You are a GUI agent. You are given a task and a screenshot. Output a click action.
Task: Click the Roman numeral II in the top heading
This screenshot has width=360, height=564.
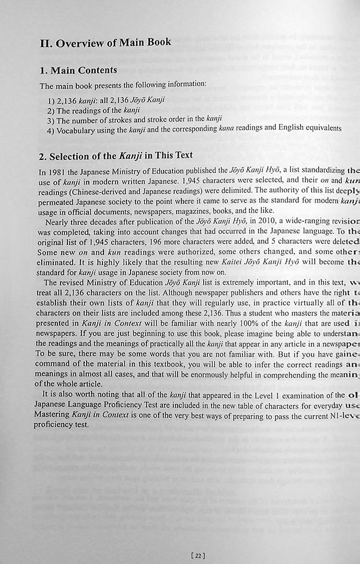click(x=45, y=43)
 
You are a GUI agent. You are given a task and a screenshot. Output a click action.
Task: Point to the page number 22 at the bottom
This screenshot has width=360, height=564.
click(x=198, y=556)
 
